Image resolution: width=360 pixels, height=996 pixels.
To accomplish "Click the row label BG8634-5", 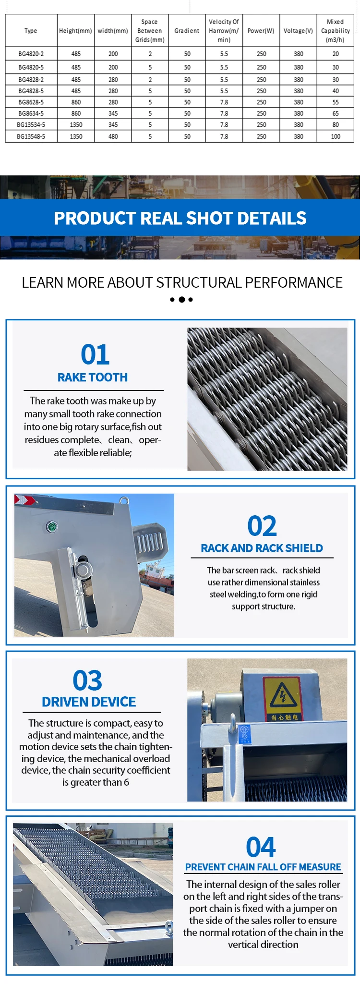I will click(x=31, y=114).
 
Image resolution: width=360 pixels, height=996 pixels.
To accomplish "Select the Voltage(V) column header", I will click(x=298, y=31).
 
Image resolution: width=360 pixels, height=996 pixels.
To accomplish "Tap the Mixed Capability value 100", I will click(x=336, y=136).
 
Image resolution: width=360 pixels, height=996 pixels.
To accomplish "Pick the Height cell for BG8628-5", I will click(x=76, y=102).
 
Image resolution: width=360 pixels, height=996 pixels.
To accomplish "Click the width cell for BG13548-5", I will click(x=113, y=136).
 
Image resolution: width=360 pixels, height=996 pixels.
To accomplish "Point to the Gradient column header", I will click(x=187, y=31).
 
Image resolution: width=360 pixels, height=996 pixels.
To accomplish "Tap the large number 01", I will click(x=95, y=355).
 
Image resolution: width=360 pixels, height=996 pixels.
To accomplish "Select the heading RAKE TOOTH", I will click(x=93, y=377).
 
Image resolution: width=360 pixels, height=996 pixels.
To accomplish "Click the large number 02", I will click(x=262, y=526).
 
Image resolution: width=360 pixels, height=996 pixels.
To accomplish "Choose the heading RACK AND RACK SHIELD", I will click(x=262, y=548).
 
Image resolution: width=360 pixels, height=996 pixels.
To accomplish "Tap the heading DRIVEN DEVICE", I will click(x=89, y=702).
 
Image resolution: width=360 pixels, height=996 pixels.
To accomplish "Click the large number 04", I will click(x=261, y=847).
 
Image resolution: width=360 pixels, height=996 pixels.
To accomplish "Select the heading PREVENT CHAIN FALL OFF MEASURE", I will click(x=263, y=867).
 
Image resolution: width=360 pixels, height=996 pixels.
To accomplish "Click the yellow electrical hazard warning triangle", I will click(x=283, y=695).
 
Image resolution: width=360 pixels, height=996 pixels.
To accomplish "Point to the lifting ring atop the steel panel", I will click(x=124, y=501).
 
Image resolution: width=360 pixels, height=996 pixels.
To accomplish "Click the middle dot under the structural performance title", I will click(x=181, y=300).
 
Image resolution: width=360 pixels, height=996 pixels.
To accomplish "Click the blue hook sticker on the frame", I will click(x=245, y=734).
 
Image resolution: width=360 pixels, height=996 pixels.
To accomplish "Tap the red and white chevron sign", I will click(x=24, y=500).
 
